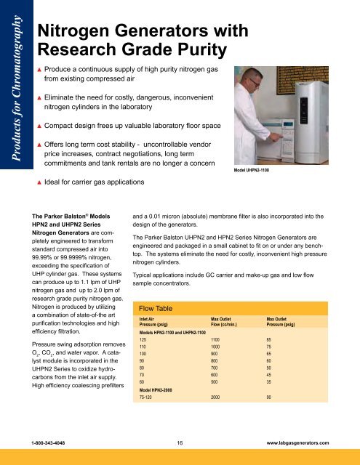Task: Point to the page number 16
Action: (x=180, y=441)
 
